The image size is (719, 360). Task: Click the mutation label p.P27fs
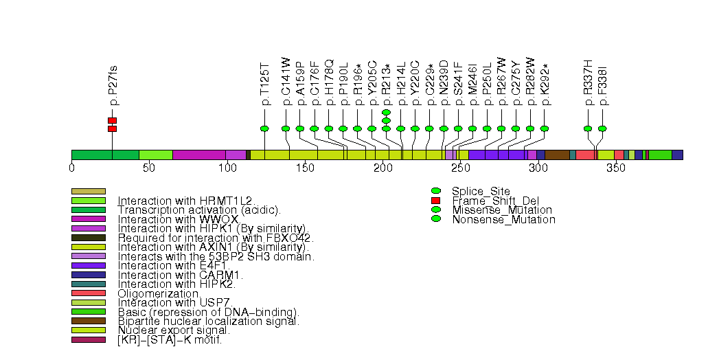tap(113, 85)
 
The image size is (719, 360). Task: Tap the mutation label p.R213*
tap(386, 80)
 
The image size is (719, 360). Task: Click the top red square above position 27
tap(112, 120)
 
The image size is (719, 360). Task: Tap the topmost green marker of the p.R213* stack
tap(386, 112)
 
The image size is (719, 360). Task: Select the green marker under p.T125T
tap(265, 128)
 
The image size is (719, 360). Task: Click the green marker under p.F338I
tap(602, 128)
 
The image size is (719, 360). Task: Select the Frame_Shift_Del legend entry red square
tap(435, 200)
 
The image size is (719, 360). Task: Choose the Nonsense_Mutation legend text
tap(503, 220)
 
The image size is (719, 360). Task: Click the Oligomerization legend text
tap(159, 293)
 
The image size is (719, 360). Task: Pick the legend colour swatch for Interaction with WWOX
tap(89, 218)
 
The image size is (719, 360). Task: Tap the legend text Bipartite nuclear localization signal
tap(208, 321)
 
